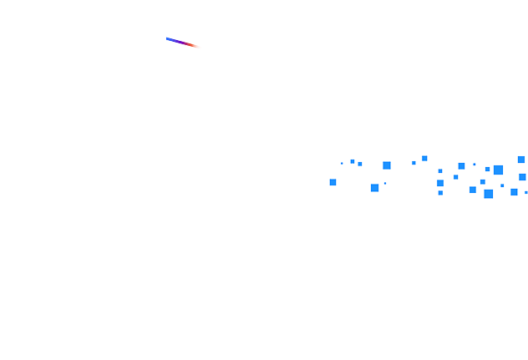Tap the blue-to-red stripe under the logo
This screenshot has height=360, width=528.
(184, 43)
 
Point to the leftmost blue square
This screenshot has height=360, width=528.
(333, 182)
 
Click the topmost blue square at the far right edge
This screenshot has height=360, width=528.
(521, 160)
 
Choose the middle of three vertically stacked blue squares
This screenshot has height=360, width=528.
(440, 182)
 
